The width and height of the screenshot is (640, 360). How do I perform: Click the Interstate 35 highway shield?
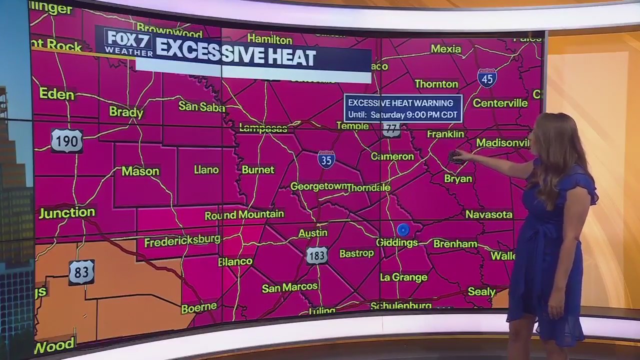tap(326, 159)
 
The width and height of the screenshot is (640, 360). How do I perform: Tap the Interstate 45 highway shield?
tap(487, 78)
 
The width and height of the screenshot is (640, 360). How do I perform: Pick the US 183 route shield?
tap(317, 255)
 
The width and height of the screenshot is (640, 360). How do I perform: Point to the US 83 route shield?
tap(81, 272)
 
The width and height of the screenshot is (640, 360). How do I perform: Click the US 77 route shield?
tap(391, 129)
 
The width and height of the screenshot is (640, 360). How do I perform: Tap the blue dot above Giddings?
tap(403, 230)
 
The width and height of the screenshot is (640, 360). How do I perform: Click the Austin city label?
tap(313, 233)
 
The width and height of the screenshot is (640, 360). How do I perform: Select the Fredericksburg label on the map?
tap(182, 241)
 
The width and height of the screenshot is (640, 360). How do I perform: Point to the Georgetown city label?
tap(319, 186)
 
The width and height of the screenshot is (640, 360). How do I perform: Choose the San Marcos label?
tap(290, 287)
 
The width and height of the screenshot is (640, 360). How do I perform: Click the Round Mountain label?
tap(244, 215)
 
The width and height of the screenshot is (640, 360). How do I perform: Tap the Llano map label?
tap(206, 170)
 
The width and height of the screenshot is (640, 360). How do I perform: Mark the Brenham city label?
tap(455, 244)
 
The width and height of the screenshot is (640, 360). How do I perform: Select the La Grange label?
tap(403, 277)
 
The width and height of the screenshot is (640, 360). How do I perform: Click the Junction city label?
tap(67, 212)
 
